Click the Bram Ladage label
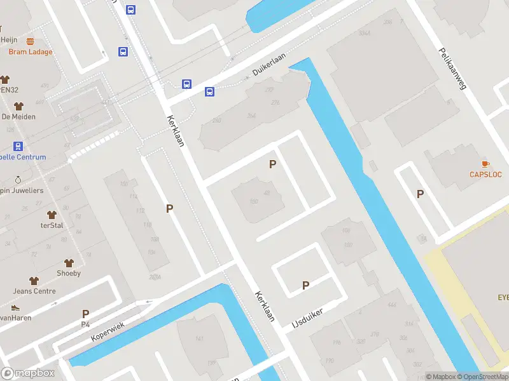31,52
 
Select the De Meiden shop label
18,117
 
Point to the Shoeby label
69,273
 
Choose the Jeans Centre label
34,291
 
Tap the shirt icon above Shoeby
69,262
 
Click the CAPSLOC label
486,175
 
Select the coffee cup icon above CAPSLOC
486,164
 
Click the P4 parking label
85,324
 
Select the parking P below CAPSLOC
420,194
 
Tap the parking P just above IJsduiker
305,285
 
